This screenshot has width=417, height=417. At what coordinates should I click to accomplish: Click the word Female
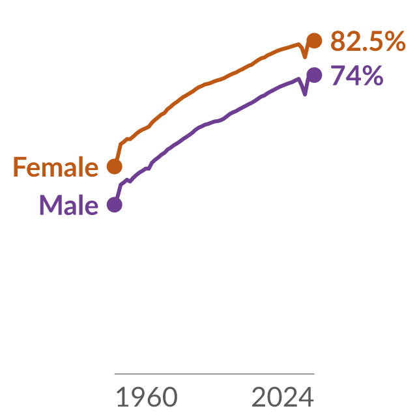[x=56, y=167]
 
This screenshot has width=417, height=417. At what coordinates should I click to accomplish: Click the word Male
[x=69, y=205]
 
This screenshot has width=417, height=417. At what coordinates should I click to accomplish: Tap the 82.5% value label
[x=368, y=40]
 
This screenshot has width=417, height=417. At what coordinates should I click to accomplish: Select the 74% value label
[x=357, y=76]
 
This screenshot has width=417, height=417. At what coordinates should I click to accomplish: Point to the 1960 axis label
[x=147, y=397]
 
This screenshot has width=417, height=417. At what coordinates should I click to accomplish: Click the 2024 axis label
[x=283, y=397]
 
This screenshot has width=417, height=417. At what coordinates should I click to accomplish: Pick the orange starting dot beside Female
[x=115, y=167]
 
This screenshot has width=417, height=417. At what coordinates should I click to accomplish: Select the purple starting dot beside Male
[x=115, y=205]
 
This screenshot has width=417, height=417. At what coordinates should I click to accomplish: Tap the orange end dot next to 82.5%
[x=314, y=41]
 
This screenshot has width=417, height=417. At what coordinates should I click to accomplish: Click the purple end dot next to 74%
[x=314, y=75]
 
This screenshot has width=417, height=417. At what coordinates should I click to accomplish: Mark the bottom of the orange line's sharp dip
[x=305, y=57]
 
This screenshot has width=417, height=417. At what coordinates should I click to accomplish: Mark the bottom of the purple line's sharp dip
[x=305, y=94]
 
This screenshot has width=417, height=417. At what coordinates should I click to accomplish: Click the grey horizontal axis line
[x=214, y=373]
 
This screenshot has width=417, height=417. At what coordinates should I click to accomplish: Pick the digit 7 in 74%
[x=338, y=76]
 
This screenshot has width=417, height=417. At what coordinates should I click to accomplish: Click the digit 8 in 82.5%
[x=338, y=41]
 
